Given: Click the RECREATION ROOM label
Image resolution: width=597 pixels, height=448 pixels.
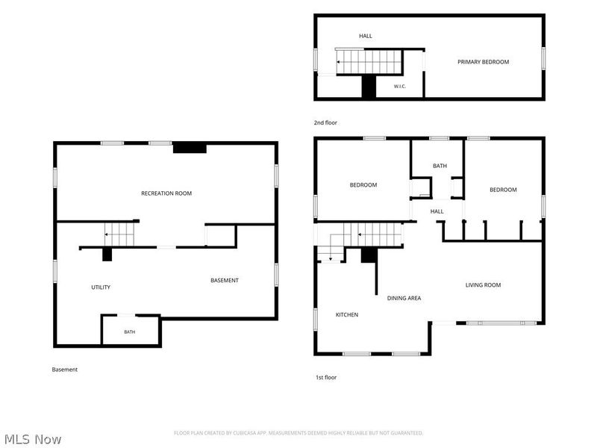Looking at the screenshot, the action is point(166,193).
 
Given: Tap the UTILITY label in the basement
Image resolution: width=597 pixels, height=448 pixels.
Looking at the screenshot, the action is point(101,287).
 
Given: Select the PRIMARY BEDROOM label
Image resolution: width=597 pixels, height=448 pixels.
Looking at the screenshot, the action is point(483,62).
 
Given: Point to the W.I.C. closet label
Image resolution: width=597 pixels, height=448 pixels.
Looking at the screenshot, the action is point(399,87).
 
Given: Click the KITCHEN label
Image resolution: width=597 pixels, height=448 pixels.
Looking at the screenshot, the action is point(347,314).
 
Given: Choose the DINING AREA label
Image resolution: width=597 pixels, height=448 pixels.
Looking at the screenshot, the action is point(404,298).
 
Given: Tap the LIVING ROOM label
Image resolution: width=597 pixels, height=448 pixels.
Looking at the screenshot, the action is point(483,285).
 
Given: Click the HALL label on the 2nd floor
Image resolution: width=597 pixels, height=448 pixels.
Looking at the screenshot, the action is point(366,36).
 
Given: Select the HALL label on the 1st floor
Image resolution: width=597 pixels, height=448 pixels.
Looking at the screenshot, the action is point(437,211).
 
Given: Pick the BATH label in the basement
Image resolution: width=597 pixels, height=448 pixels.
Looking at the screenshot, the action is point(129,332).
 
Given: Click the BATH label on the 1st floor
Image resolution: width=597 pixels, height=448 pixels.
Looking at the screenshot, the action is point(440,166).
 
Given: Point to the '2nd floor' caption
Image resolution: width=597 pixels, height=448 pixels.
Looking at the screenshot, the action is point(325,122).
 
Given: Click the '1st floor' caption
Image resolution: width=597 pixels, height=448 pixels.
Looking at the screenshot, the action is point(326,377).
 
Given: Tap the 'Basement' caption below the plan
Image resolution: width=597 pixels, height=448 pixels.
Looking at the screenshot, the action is point(65,370).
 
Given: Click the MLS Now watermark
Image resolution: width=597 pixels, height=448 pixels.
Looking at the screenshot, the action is point(33,439).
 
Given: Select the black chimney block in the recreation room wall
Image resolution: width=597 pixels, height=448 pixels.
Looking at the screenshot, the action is point(190,147).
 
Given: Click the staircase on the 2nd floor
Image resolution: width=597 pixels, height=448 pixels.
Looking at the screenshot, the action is point(369,62).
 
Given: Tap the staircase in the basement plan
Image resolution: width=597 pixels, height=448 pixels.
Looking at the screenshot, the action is point(119,234).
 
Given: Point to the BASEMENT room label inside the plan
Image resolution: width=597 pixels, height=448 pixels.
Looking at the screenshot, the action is point(225,281).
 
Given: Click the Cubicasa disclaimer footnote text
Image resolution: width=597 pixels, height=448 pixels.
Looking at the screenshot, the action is point(298,433).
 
